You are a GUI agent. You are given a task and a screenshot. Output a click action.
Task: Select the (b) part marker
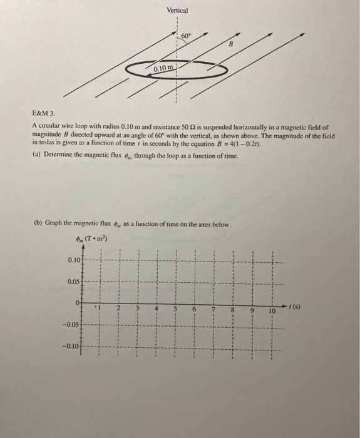pyautogui.click(x=35, y=224)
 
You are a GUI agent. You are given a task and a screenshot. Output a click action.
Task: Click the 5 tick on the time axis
pyautogui.click(x=176, y=308)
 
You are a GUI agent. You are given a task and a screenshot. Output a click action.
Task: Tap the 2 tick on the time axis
pyautogui.click(x=118, y=308)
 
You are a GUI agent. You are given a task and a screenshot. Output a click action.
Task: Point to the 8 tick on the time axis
pyautogui.click(x=234, y=308)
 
